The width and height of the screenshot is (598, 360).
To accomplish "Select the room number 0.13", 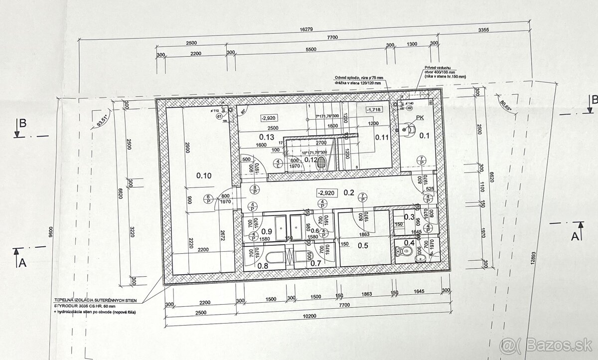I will point(268,137).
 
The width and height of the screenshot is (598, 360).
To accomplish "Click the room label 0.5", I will point(362,245).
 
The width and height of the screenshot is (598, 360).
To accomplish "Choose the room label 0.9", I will point(266,231).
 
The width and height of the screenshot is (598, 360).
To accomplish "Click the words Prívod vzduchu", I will point(437,67).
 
